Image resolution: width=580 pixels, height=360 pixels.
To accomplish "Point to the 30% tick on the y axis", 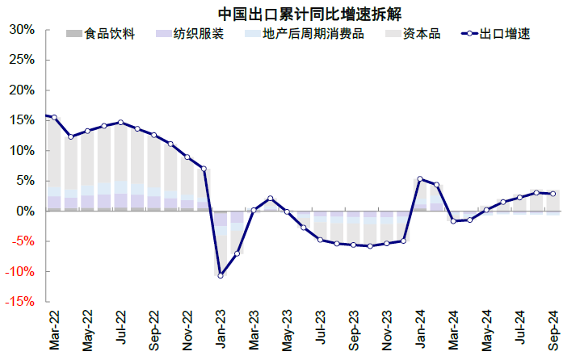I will [22, 30].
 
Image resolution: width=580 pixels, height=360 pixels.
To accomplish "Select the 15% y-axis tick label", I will [22, 120].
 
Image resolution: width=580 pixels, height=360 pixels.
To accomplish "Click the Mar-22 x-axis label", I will [54, 331].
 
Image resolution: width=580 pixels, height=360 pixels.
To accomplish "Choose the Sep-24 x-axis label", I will [553, 331].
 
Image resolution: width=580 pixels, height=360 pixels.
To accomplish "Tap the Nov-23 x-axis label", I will [387, 331].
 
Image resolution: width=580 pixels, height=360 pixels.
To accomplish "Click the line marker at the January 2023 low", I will [220, 275].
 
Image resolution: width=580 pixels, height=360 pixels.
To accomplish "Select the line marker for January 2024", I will [420, 179].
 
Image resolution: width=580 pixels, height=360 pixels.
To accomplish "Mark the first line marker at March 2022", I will [54, 117].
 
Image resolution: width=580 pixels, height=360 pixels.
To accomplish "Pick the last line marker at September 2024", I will [553, 194].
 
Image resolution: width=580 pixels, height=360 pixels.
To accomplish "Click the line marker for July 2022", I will [120, 123].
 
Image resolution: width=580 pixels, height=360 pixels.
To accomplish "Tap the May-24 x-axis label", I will [487, 331].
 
